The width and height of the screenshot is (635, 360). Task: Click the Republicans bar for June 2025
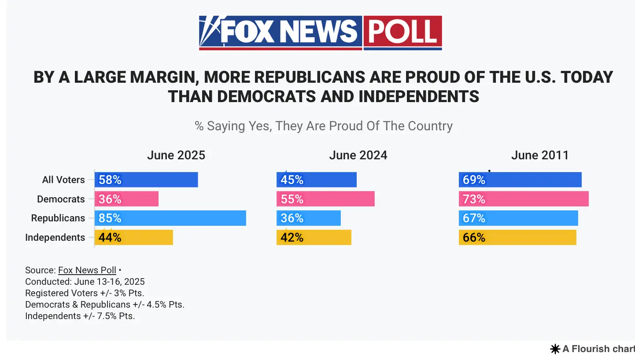(x=170, y=218)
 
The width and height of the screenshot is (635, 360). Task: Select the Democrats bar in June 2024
(x=325, y=199)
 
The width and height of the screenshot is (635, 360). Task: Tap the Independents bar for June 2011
(x=517, y=238)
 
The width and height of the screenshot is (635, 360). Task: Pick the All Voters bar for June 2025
(x=146, y=180)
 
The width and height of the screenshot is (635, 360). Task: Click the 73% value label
(x=474, y=199)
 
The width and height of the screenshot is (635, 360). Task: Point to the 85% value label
(x=110, y=218)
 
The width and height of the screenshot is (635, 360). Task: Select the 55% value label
(x=292, y=199)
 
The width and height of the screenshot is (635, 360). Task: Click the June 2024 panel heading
(x=358, y=155)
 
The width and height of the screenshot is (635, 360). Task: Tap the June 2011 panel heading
(x=540, y=155)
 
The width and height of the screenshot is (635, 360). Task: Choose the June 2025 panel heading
(x=176, y=155)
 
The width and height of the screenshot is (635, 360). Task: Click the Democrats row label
(x=61, y=199)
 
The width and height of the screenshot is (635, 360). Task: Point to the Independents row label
(x=55, y=238)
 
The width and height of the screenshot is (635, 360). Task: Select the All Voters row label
(x=63, y=180)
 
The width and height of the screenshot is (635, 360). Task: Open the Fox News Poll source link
(x=87, y=270)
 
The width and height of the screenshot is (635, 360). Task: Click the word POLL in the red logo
(x=402, y=32)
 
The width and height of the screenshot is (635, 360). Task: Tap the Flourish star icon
(x=555, y=349)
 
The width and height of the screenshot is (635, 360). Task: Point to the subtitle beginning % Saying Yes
(x=324, y=126)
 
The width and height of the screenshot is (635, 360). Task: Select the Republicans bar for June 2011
(x=518, y=218)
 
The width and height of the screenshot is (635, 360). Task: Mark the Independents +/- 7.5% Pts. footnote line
(x=80, y=316)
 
